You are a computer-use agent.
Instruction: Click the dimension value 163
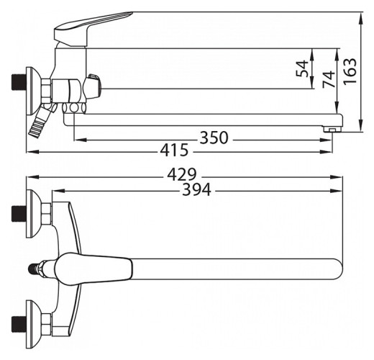coord(350,71)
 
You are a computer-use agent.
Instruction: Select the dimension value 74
coord(329,78)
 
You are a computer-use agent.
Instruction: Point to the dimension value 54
coord(302,68)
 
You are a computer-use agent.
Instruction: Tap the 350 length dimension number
coord(214,138)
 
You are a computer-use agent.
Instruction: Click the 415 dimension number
coord(175,150)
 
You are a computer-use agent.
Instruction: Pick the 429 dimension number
coord(182,174)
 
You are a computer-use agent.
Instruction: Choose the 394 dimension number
coord(196,189)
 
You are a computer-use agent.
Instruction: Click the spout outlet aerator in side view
coord(332,130)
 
